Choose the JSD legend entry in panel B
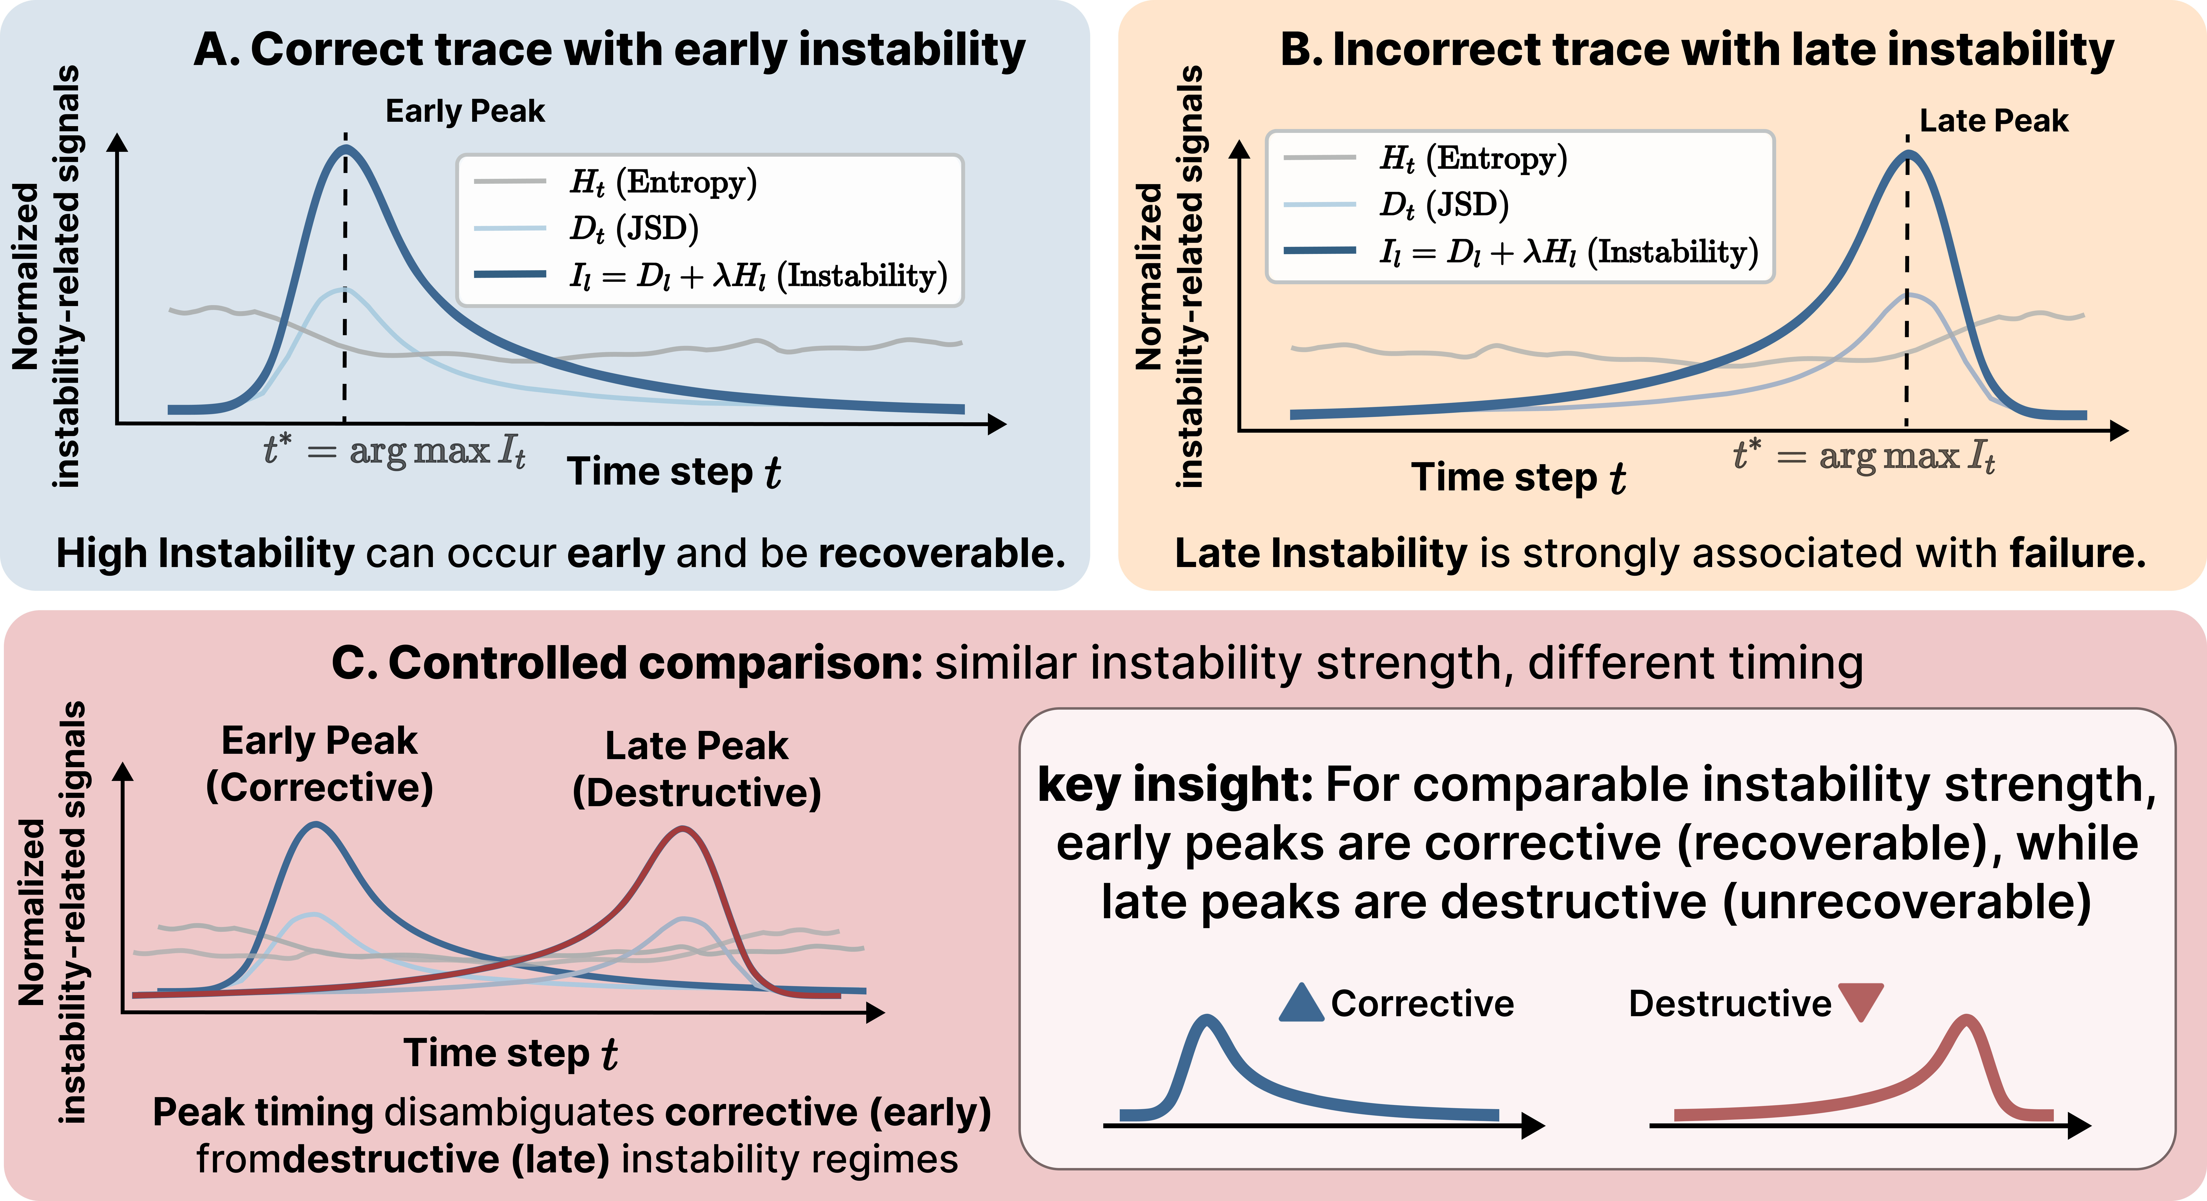click(x=1444, y=205)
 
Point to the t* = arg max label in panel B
click(x=1863, y=455)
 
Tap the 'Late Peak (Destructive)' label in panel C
click(x=697, y=769)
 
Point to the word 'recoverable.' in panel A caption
click(x=942, y=554)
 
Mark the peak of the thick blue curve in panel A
click(x=345, y=148)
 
